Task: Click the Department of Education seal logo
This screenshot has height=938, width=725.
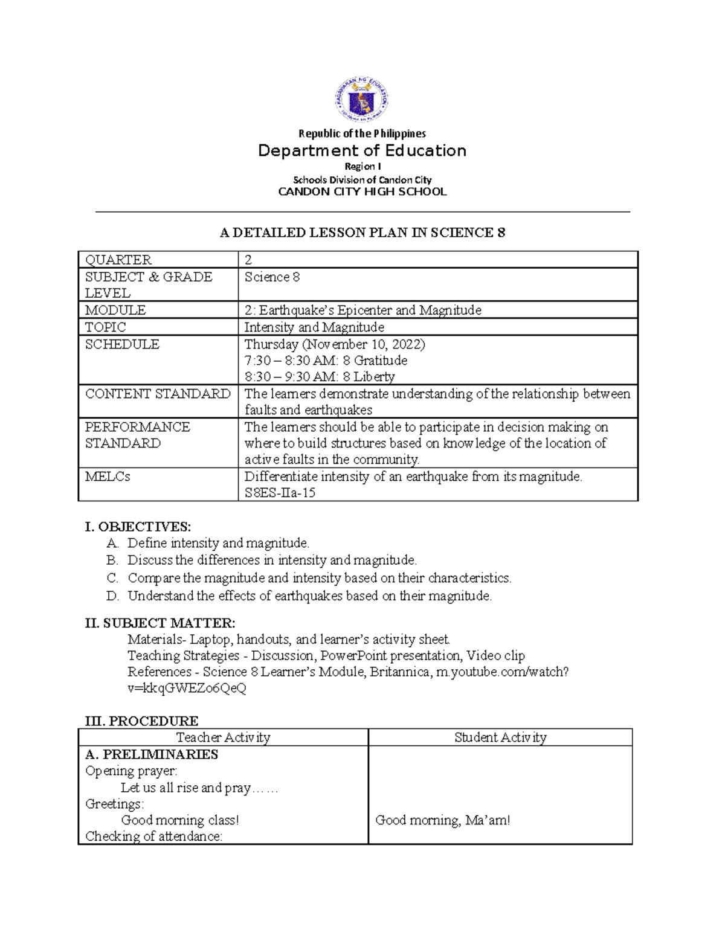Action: point(361,101)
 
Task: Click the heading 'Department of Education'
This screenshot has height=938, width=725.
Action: point(362,150)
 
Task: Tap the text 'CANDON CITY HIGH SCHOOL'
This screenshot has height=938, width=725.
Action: point(362,192)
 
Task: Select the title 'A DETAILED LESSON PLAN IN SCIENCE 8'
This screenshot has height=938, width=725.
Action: point(362,233)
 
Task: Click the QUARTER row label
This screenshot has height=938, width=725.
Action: point(118,260)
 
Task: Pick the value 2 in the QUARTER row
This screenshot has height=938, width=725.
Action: point(248,260)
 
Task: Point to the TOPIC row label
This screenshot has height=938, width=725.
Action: point(106,327)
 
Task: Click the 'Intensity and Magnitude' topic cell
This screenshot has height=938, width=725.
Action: point(314,327)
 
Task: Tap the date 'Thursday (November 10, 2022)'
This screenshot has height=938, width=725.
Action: point(335,344)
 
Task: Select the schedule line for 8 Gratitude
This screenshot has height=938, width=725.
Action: point(326,361)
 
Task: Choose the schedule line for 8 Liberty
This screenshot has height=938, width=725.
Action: point(320,377)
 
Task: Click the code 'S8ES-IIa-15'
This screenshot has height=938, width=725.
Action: point(280,493)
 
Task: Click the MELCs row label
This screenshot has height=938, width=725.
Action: point(108,477)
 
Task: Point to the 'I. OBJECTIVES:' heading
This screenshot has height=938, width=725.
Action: point(138,527)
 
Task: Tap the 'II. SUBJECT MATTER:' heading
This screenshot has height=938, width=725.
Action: point(160,623)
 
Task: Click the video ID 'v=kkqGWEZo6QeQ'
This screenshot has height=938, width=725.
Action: point(187,688)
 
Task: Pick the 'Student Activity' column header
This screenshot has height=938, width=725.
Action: point(500,737)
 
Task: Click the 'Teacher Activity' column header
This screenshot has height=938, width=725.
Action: point(223,737)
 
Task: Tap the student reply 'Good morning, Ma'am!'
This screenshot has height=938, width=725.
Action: point(442,820)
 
